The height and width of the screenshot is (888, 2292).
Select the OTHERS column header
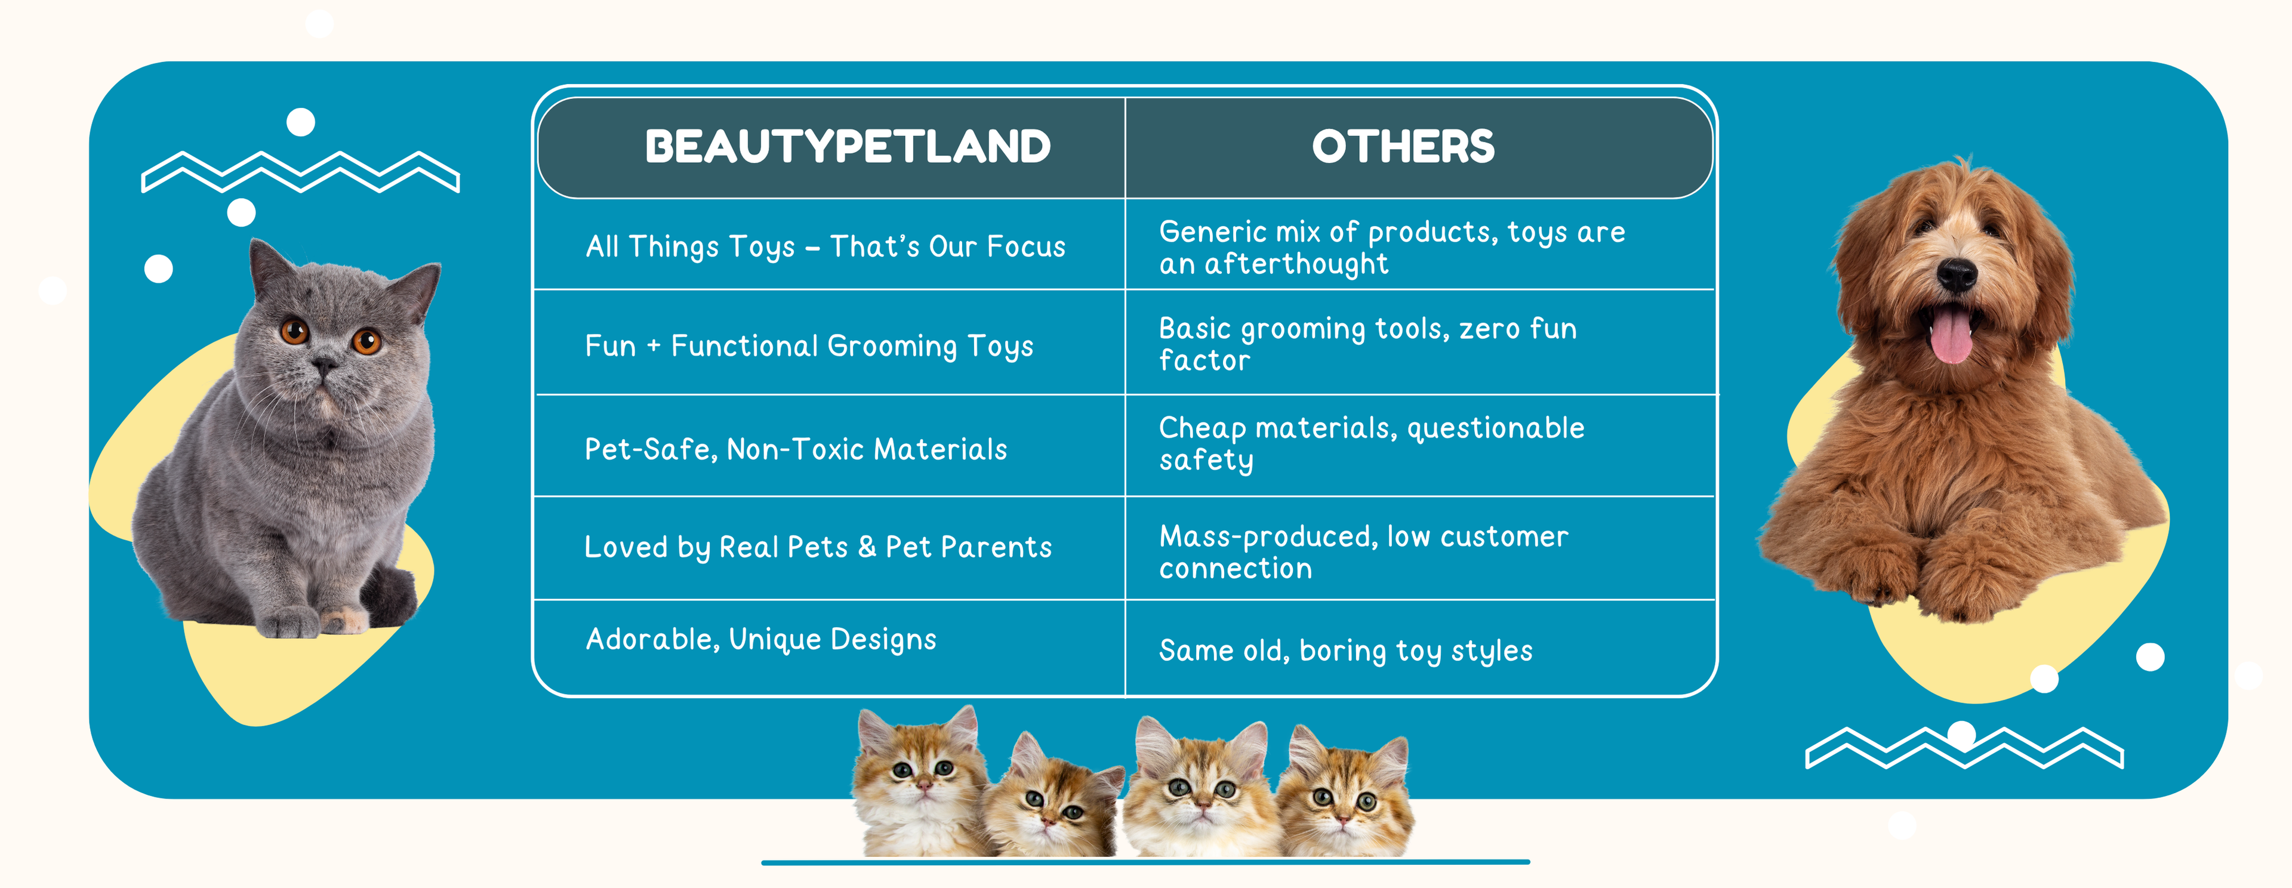[1403, 147]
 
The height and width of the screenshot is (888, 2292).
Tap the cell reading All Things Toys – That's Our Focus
[825, 246]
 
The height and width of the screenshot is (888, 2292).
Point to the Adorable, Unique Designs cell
[761, 640]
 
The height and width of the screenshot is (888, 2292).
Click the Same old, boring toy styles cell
[1345, 651]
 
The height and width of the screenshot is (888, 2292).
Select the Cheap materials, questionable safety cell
[1371, 444]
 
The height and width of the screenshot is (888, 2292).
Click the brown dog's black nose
[1957, 274]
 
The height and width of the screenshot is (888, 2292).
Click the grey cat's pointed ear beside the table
[417, 289]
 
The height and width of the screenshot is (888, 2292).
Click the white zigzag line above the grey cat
[301, 172]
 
